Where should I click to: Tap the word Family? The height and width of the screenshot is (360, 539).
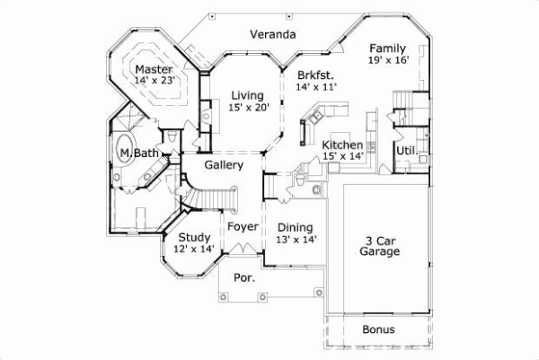coord(388,48)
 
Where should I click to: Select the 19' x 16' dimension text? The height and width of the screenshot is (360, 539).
coord(388,60)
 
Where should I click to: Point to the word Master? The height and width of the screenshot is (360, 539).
coord(154,69)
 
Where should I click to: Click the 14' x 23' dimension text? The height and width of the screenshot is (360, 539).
coord(155,81)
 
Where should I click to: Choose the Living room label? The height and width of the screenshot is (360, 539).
coord(246,95)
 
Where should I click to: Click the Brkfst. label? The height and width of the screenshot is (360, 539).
coord(315,76)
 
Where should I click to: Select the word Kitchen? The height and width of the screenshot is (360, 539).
coord(343,145)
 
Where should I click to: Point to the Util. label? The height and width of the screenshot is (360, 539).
coord(407,150)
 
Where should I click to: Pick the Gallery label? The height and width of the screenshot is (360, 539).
coord(224,166)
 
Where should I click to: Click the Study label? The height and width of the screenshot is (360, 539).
coord(194,238)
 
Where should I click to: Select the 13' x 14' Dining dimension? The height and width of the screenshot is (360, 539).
coord(296,240)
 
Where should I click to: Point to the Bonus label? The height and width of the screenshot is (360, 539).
coord(378,329)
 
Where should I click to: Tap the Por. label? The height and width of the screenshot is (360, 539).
coord(244,278)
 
